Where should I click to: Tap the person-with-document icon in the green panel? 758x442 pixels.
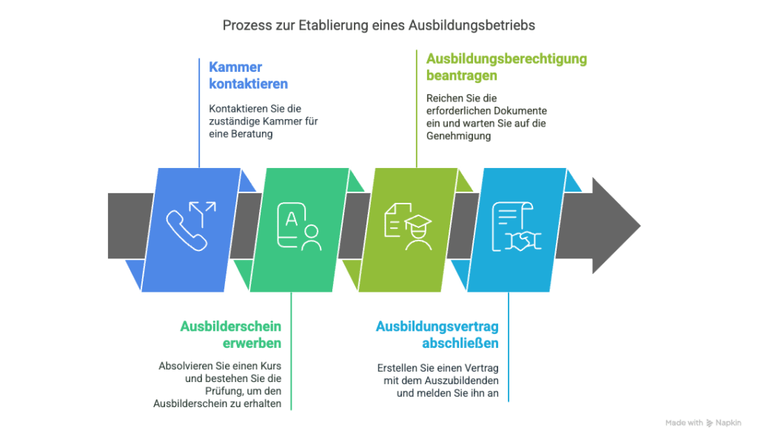coord(299,227)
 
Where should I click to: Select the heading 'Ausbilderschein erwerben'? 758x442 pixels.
coord(231,335)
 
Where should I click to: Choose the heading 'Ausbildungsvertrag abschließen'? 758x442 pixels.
coord(437,335)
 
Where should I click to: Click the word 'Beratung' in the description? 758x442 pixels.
coord(253,134)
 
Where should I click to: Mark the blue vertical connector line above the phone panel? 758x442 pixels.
coord(200,111)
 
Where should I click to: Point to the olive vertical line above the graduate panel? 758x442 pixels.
coord(417,111)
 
